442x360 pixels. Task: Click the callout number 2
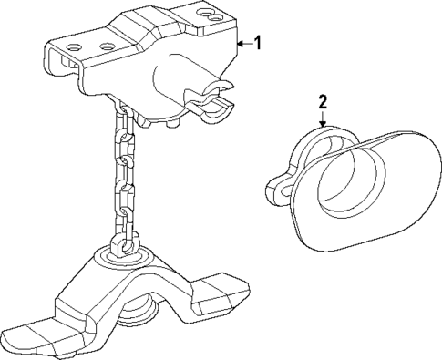pos(322,101)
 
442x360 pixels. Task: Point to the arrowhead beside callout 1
pos(239,42)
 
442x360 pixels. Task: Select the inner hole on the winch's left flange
pos(106,46)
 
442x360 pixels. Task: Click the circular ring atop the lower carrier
pos(120,263)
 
